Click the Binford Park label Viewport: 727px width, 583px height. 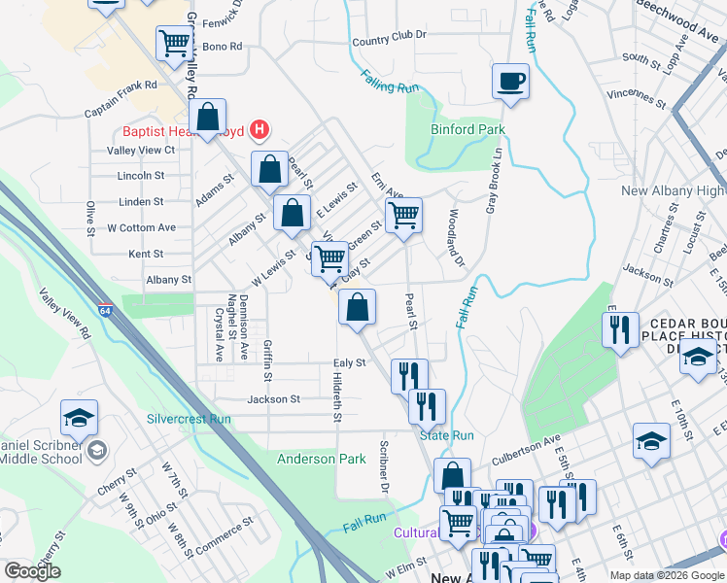(x=467, y=129)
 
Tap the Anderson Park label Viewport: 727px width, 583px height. (x=321, y=459)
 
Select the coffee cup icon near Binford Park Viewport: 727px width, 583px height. (x=510, y=82)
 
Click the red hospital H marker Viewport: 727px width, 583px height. (x=259, y=128)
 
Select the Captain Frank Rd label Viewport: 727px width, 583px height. (x=121, y=86)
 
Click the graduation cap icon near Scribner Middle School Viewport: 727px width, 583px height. (x=79, y=418)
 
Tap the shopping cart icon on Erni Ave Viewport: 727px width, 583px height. (x=403, y=215)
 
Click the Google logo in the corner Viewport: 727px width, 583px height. (x=32, y=571)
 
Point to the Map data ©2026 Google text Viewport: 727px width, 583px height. (x=667, y=575)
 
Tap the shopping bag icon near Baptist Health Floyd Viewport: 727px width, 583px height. (x=208, y=118)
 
